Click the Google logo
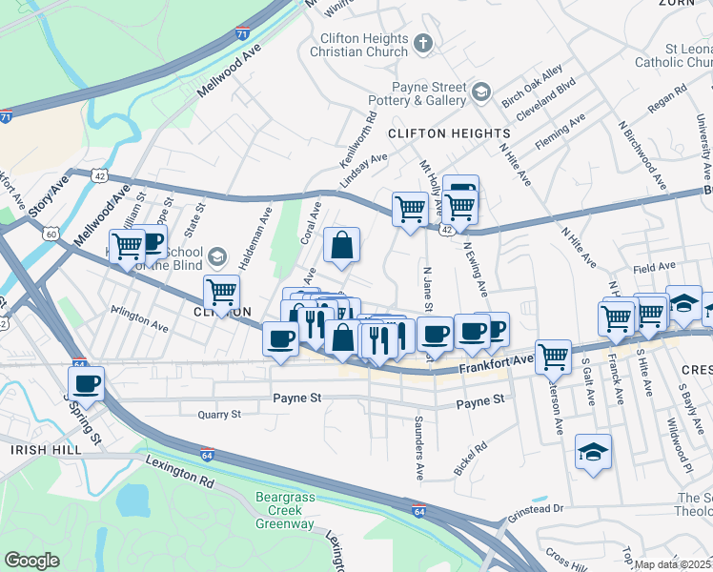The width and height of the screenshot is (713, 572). coord(31,561)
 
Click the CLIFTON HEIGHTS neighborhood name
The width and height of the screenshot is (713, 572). coord(449,133)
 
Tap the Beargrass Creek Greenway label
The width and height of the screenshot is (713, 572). coord(292,510)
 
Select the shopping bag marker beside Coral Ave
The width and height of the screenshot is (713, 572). coord(341,246)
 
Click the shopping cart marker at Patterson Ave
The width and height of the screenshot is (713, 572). coord(553,357)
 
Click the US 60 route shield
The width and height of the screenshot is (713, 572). coord(50,233)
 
